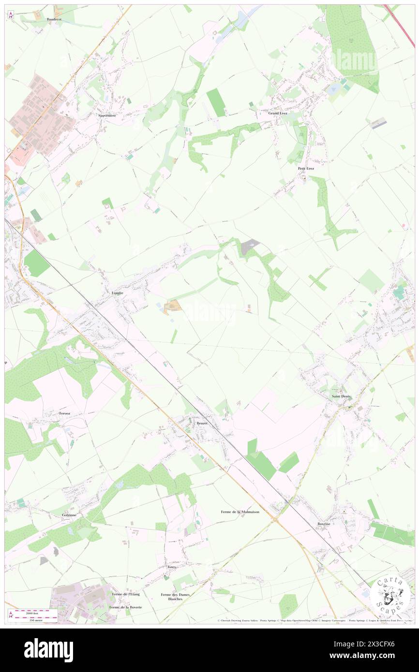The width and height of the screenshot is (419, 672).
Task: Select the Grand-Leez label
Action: pos(271,113)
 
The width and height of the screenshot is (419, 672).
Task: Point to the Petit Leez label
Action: pos(306,168)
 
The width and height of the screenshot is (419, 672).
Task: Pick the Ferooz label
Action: pos(65,414)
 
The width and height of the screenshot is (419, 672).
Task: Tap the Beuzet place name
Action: pos(202,424)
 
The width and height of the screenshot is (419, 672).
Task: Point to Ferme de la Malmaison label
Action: pos(240,511)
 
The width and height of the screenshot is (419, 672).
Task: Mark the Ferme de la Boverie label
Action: pos(125,607)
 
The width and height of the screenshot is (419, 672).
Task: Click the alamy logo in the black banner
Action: pos(48,650)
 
